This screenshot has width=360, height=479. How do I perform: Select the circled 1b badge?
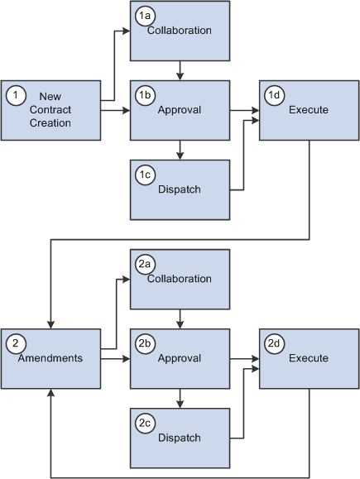tap(144, 95)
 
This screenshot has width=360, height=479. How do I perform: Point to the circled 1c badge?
tap(144, 175)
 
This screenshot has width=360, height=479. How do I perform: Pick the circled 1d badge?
tap(274, 95)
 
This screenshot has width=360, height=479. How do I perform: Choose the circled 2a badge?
tap(144, 262)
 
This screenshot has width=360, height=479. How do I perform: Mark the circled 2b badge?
tap(144, 342)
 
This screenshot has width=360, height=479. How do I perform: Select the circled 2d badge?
tap(274, 342)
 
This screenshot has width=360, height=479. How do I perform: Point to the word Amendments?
tap(50, 358)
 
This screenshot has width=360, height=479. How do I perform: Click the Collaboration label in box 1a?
tap(180, 31)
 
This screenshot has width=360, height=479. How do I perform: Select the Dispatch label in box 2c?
tap(180, 438)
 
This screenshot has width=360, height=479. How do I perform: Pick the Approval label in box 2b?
tap(180, 358)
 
